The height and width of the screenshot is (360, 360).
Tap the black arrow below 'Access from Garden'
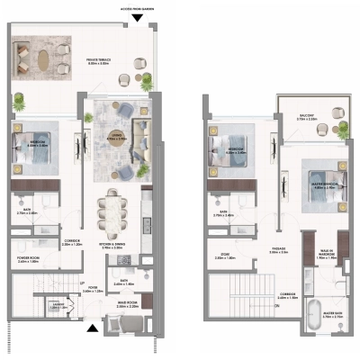click(136, 18)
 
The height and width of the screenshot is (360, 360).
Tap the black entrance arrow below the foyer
click(90, 328)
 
